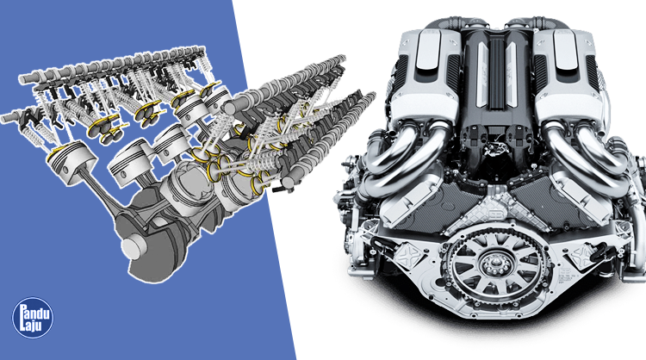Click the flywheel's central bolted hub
click(x=496, y=264)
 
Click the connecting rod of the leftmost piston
click(x=103, y=194)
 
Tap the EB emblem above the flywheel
click(x=495, y=214)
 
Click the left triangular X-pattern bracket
click(x=409, y=253)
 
